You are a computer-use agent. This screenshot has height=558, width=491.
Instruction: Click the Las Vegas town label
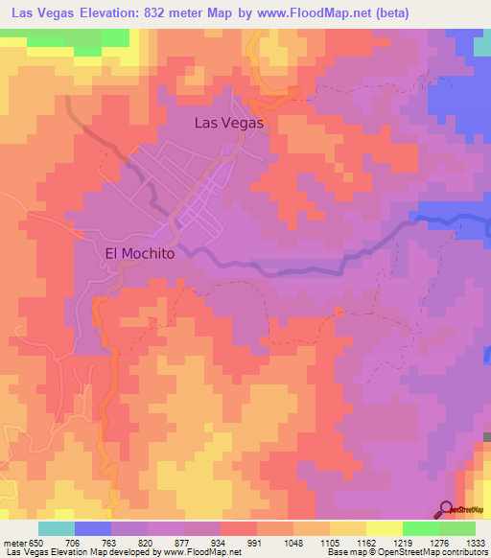(x=228, y=123)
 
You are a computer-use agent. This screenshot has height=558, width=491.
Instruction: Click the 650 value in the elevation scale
(x=35, y=543)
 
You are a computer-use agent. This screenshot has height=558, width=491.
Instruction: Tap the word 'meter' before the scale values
(x=13, y=543)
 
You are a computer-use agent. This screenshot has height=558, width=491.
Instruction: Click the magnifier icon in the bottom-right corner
(x=447, y=509)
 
